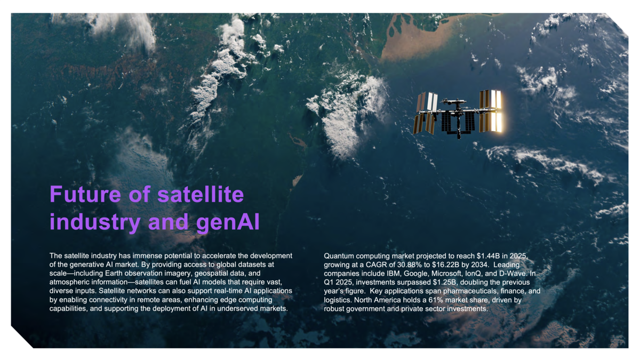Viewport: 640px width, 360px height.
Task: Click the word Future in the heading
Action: (x=85, y=194)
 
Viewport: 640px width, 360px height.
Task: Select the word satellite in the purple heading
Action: (x=201, y=194)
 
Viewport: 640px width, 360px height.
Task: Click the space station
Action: (x=458, y=115)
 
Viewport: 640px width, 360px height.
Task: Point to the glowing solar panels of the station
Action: (x=491, y=111)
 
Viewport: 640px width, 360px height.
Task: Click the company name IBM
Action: (x=394, y=274)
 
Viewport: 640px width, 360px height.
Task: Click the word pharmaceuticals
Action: (x=473, y=291)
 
